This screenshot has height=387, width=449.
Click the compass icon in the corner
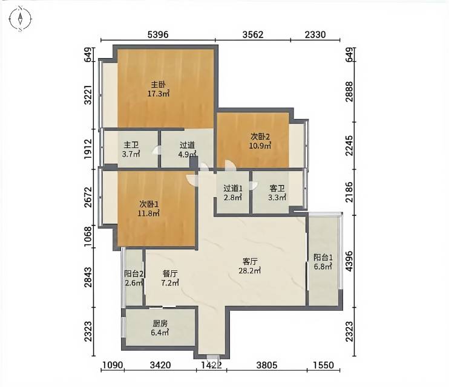tap(20, 19)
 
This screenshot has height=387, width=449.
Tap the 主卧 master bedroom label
tap(158, 85)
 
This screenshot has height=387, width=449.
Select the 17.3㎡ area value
tap(158, 93)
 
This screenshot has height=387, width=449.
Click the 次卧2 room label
tap(260, 137)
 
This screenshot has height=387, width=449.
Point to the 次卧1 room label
tap(149, 204)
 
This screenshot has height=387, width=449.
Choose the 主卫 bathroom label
tap(131, 145)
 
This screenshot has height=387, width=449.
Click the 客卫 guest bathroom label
tap(277, 188)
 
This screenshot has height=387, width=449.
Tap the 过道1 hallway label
tap(233, 188)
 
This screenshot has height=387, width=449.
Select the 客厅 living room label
tap(250, 261)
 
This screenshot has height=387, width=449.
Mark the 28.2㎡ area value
tap(250, 270)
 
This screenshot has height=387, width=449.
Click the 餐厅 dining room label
tap(170, 274)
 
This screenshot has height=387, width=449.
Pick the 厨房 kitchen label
tap(160, 324)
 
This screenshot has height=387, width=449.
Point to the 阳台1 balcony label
tap(323, 258)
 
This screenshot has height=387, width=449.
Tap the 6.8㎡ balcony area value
tap(323, 267)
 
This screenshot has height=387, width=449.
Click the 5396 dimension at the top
tap(158, 34)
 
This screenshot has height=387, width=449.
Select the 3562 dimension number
tap(252, 34)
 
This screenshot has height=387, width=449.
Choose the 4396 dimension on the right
tap(349, 261)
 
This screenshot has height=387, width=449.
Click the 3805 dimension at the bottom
tap(267, 365)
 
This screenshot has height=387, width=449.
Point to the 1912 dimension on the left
tap(88, 149)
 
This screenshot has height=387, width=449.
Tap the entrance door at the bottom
tap(213, 357)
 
